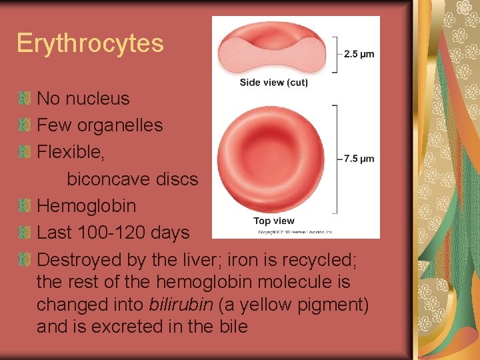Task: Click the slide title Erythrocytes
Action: (x=90, y=43)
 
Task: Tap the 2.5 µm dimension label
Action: (x=359, y=54)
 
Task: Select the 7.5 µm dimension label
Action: (x=359, y=159)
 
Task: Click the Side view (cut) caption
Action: (x=273, y=83)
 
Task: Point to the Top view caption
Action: (x=273, y=221)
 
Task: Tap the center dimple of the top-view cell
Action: (x=273, y=157)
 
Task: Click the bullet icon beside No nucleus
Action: (x=25, y=99)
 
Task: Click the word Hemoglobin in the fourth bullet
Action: (x=86, y=206)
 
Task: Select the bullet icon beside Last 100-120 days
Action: (x=25, y=233)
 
